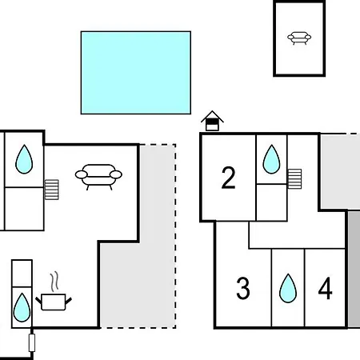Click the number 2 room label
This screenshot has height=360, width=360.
228,178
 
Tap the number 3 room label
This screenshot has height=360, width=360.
243,288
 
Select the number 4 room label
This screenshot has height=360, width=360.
326,288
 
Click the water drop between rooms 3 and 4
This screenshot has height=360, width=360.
288,289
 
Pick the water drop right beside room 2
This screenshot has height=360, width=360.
271,159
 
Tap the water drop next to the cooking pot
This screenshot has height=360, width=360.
22,308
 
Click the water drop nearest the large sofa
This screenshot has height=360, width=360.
24,159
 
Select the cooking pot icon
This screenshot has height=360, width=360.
54,302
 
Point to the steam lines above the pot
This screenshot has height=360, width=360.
54,282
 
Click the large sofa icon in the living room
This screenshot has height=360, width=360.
98,177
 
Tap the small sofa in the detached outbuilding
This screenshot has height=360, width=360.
299,38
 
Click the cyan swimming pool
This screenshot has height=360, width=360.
136,73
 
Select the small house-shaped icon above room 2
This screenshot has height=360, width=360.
212,121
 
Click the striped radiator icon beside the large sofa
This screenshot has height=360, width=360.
51,190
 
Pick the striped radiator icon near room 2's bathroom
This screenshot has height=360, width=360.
294,179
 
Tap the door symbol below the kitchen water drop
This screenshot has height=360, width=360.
32,342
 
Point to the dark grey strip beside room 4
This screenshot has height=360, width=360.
354,270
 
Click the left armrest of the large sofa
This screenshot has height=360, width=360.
81,174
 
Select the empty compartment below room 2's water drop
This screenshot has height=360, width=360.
271,202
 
